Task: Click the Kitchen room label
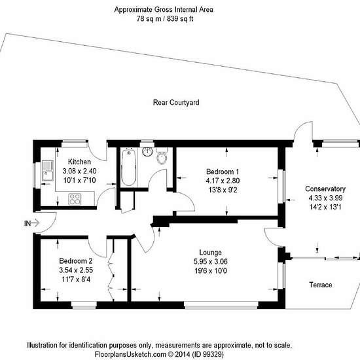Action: coord(79,162)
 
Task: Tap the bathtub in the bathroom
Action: coord(128,167)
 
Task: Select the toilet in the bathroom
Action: coord(162,156)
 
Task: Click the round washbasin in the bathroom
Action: coord(147,152)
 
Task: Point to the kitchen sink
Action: coord(48,171)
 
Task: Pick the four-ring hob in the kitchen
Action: coord(75,199)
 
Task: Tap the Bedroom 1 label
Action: coord(223,171)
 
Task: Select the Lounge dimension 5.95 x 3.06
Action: coord(211,262)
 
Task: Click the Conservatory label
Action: coord(325,189)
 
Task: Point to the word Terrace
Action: coord(321,285)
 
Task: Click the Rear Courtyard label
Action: coord(176,102)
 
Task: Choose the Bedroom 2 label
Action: coord(76,261)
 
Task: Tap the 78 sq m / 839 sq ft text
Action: coord(165,18)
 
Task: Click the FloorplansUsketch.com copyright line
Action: coord(159,354)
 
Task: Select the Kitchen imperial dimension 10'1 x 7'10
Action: coord(79,180)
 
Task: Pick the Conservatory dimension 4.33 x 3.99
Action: coord(325,198)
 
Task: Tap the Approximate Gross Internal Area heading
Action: coord(164,10)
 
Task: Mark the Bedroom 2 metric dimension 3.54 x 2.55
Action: coord(76,270)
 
